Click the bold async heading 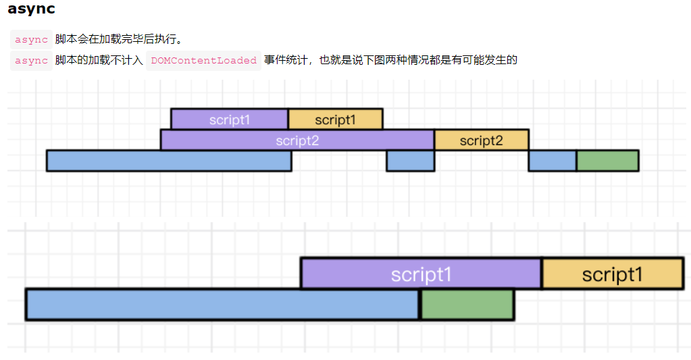point(31,9)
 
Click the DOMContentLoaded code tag point(203,61)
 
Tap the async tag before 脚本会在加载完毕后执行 point(31,40)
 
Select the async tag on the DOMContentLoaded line point(31,61)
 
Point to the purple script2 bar point(297,140)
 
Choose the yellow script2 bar point(481,140)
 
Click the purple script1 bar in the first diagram point(230,120)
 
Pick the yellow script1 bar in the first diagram point(335,120)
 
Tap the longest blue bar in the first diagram point(169,161)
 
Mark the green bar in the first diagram point(607,161)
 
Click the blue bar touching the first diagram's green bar point(552,161)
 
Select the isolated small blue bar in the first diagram point(410,161)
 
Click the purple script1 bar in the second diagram point(421,274)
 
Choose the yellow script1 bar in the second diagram point(612,274)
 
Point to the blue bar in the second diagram point(223,304)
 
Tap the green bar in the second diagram point(467,304)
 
